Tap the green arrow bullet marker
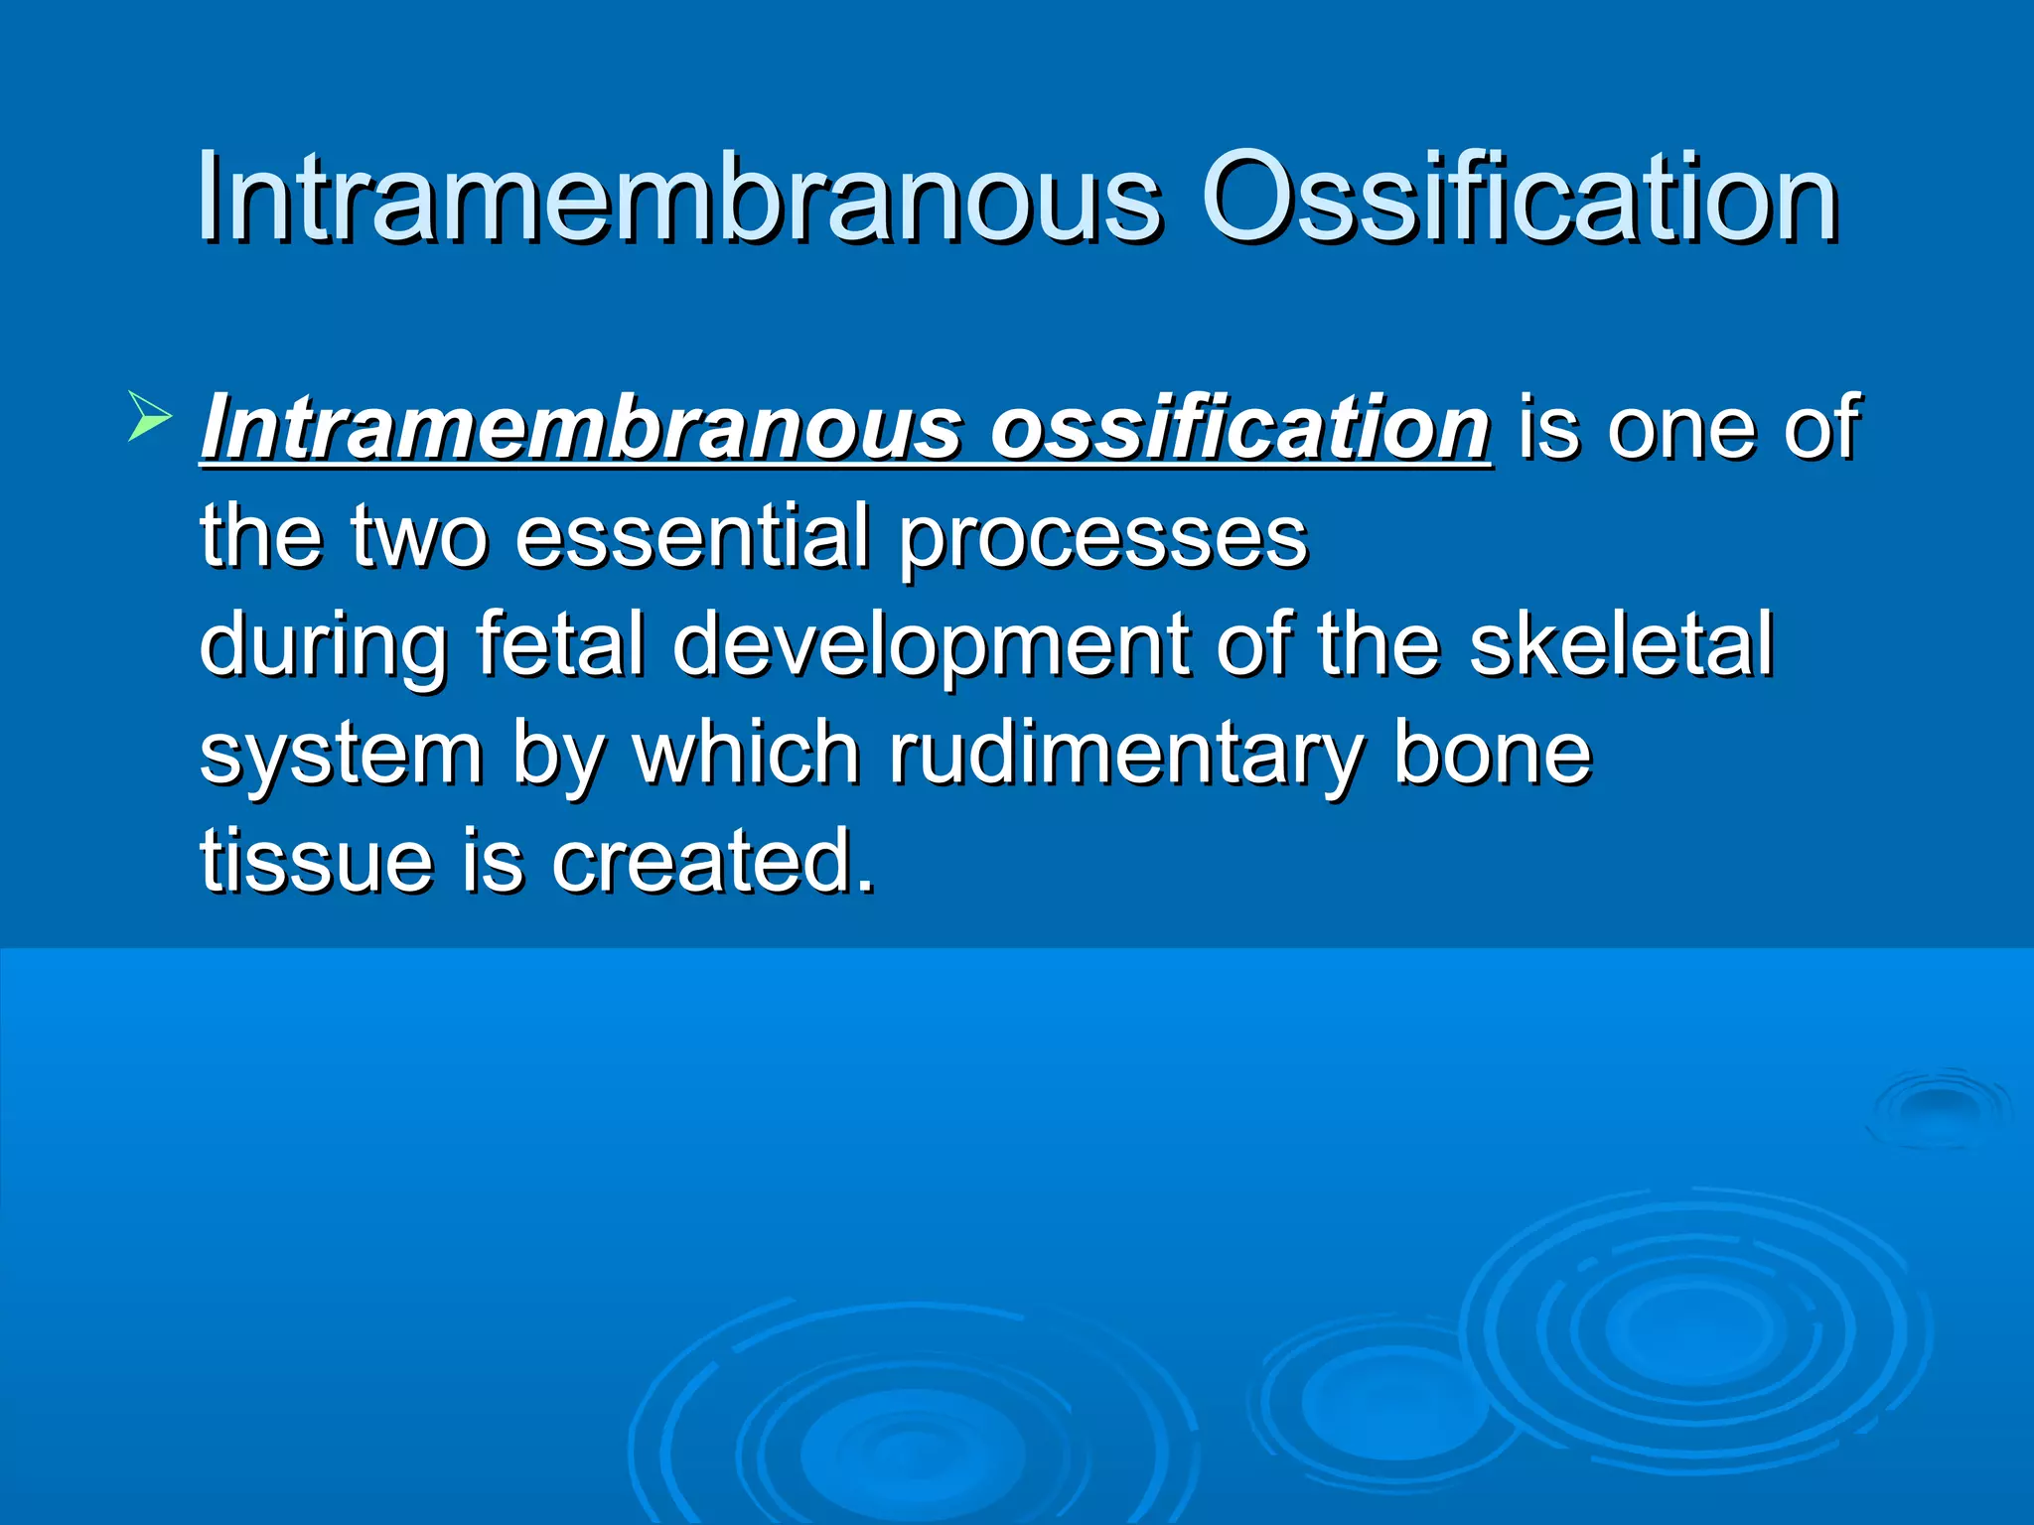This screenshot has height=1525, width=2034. tap(149, 416)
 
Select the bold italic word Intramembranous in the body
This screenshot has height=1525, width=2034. tap(581, 427)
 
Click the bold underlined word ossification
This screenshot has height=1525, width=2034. tap(1241, 427)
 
